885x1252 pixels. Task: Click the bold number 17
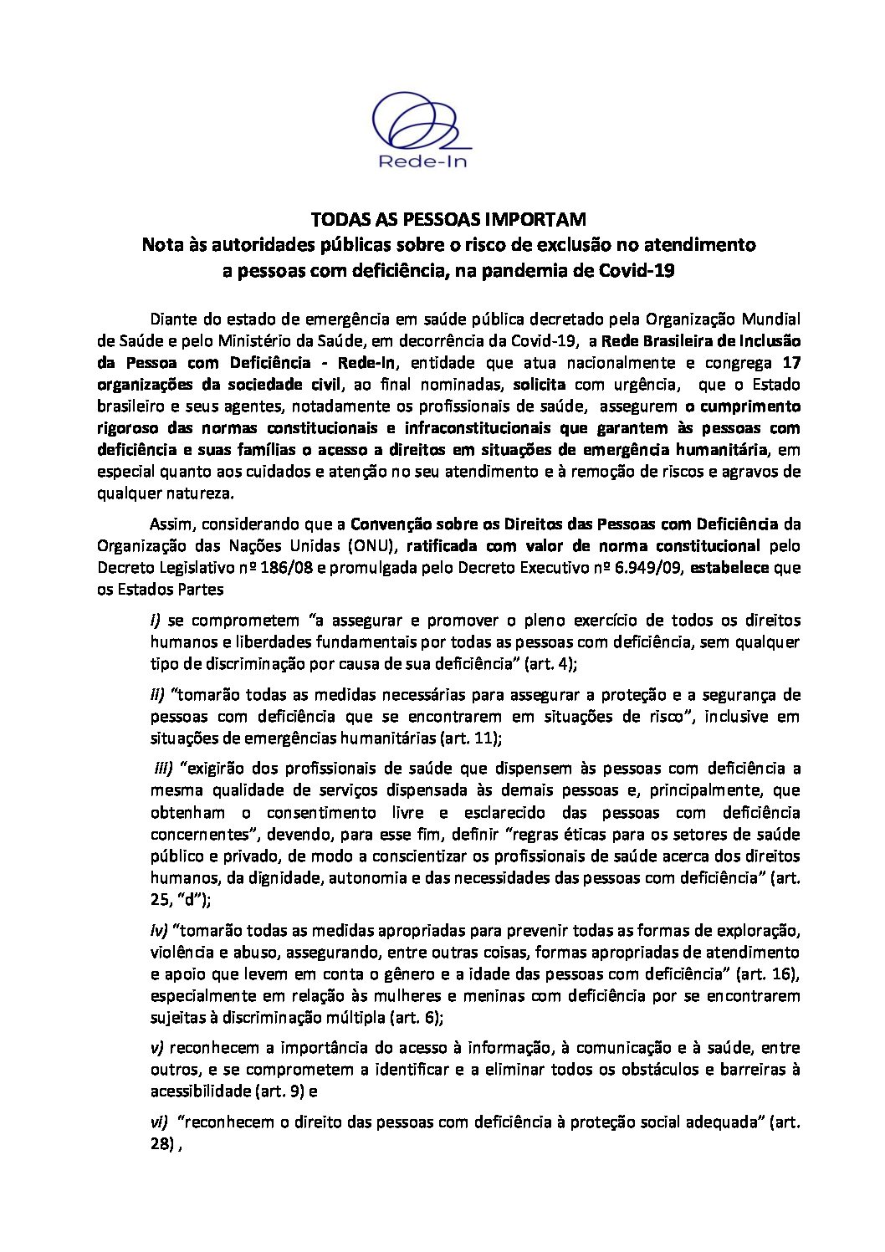[791, 363]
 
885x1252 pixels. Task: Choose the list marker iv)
[159, 930]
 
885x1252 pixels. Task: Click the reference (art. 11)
[471, 738]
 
